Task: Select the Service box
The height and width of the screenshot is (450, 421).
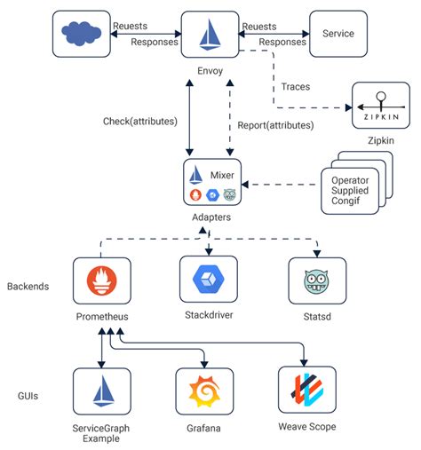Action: click(x=338, y=35)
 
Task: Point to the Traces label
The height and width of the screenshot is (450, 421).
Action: click(x=296, y=88)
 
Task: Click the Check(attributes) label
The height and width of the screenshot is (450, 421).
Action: click(x=140, y=120)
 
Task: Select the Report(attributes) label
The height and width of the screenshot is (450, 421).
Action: click(x=278, y=125)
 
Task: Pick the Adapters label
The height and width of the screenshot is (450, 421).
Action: click(x=211, y=217)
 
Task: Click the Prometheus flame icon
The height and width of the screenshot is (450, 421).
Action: click(x=103, y=282)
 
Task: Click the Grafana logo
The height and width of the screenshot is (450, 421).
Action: click(x=206, y=392)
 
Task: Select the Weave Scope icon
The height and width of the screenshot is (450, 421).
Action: click(x=306, y=391)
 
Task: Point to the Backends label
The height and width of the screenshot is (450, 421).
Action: click(x=29, y=287)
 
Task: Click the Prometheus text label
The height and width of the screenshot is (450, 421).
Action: click(x=102, y=316)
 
